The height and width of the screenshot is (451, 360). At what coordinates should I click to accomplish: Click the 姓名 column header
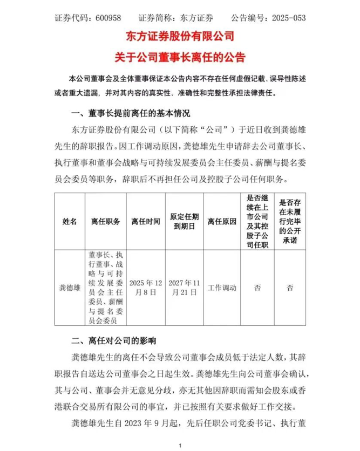pyautogui.click(x=70, y=221)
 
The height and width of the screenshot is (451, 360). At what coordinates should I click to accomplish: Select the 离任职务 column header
pyautogui.click(x=105, y=221)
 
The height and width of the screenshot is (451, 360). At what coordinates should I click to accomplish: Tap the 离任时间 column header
pyautogui.click(x=145, y=221)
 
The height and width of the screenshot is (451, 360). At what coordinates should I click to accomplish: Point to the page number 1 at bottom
pyautogui.click(x=180, y=445)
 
